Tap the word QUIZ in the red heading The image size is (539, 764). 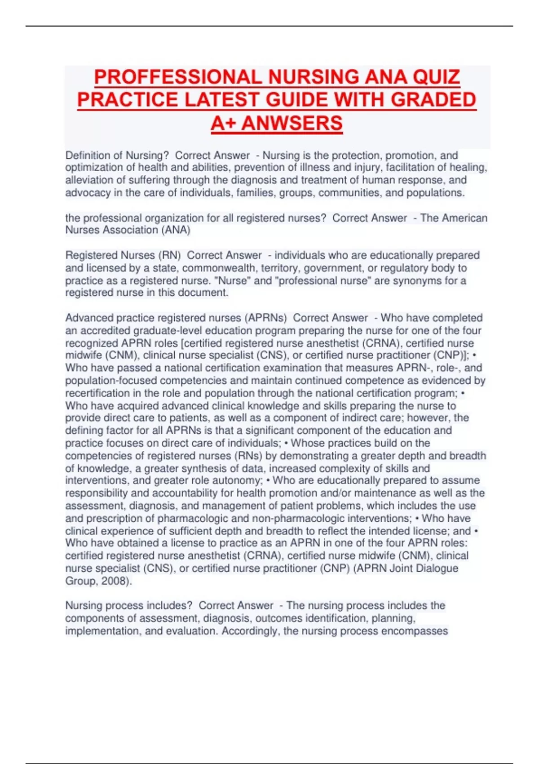click(x=436, y=77)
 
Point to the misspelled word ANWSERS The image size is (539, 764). click(x=292, y=123)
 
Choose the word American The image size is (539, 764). click(x=465, y=218)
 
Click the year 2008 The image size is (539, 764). click(x=114, y=581)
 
